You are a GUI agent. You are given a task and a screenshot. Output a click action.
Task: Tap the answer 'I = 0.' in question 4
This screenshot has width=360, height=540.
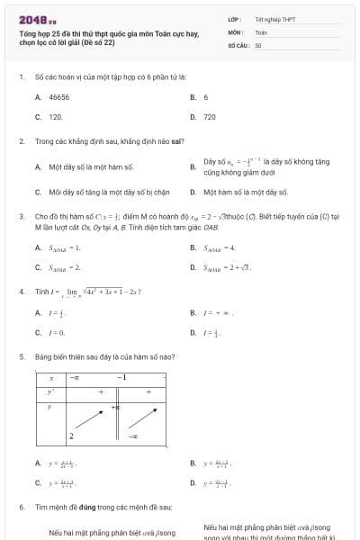coord(57,332)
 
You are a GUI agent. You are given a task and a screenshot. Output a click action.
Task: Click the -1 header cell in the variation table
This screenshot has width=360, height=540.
coord(121,378)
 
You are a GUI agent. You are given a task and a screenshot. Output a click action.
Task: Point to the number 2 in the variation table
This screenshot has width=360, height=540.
coord(71,436)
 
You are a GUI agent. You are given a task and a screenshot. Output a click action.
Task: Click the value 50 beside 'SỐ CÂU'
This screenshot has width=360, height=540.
coord(258,44)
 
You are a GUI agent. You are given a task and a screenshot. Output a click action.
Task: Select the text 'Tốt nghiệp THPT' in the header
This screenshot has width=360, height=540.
coord(275,19)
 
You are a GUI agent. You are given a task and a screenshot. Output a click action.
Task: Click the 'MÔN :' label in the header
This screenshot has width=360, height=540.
coord(236,31)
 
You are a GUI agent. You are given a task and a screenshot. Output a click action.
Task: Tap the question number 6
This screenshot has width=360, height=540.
coord(21,507)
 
